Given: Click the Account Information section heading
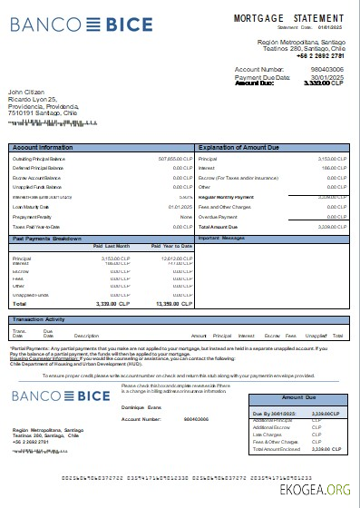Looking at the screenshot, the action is [43, 146].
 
